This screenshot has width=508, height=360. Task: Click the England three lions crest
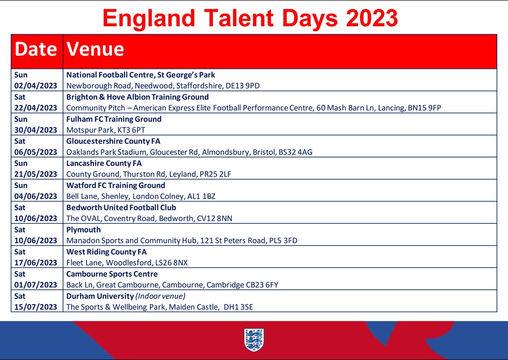tap(254, 340)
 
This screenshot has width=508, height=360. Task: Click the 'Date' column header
tap(36, 49)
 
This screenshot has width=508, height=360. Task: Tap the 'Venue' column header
tap(95, 49)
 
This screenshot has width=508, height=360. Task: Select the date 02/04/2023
tap(36, 86)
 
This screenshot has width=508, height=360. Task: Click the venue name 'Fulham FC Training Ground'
tap(114, 119)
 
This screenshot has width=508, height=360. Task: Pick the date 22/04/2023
tap(36, 108)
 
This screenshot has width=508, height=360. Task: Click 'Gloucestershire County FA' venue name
tap(113, 141)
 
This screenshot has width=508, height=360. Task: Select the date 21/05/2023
tap(36, 174)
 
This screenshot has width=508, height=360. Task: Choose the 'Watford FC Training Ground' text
tap(116, 186)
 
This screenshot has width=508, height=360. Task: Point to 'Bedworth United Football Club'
tap(121, 207)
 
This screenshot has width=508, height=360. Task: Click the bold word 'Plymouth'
tap(83, 230)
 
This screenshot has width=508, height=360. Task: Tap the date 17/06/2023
tap(36, 263)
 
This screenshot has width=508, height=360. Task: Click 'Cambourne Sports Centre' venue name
tap(112, 274)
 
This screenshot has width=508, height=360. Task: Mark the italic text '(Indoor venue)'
tap(160, 296)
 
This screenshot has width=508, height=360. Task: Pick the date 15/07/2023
tap(36, 307)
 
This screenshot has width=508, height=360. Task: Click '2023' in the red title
tap(372, 18)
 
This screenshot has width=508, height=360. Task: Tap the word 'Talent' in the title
tap(239, 18)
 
